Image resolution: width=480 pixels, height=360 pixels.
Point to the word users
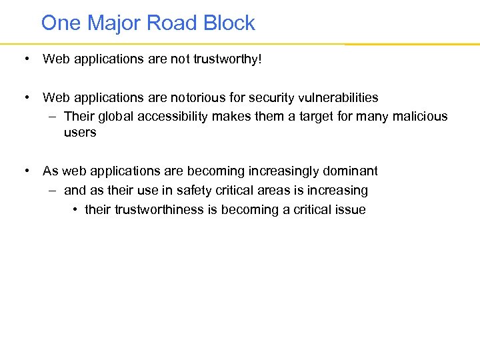click(80, 132)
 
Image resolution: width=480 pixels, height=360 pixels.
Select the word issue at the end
click(351, 209)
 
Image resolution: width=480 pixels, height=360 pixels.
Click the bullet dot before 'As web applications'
click(25, 171)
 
